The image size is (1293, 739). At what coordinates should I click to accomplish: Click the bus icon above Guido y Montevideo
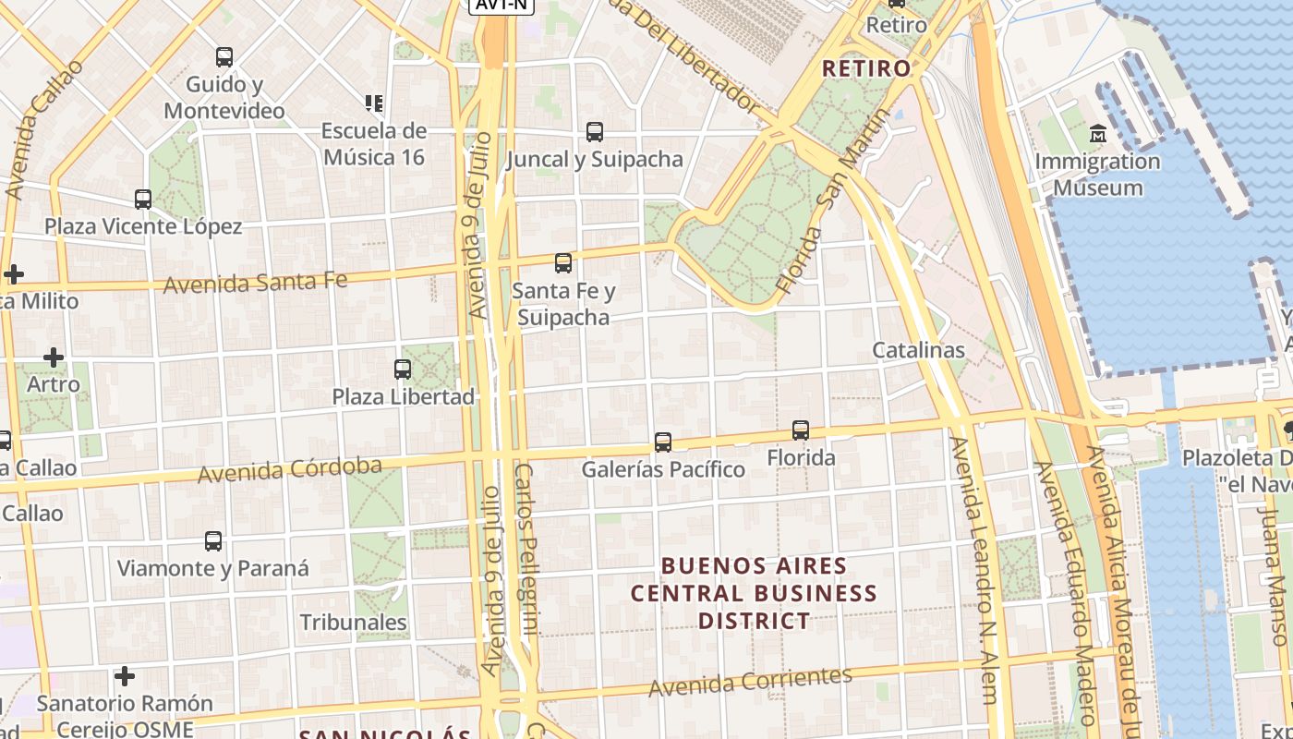coord(224,57)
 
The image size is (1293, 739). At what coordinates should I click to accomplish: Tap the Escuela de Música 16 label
coord(374,144)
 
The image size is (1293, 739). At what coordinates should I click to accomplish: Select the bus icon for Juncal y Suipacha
coord(595,132)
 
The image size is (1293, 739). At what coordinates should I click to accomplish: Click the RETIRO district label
coord(866,68)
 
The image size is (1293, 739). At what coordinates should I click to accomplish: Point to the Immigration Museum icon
coord(1098,134)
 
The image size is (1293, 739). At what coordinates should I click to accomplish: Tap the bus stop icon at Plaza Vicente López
coord(143,200)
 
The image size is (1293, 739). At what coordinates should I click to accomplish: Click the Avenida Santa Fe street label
coord(255,281)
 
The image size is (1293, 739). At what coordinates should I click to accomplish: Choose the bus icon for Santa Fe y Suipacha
coord(563,263)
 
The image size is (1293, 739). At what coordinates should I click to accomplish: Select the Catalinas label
coord(919,351)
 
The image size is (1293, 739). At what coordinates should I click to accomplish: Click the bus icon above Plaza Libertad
coord(403,369)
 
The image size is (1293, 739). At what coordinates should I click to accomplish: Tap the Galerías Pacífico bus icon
coord(663,442)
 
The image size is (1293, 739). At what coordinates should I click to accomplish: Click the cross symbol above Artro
coord(54,357)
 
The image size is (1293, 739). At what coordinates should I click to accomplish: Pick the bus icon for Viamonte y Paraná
coord(213,541)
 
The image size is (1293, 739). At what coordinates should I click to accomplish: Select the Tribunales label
coord(354,623)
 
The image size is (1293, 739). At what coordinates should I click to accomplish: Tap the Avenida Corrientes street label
coord(750,682)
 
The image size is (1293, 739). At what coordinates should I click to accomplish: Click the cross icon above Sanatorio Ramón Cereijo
coord(125,677)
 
